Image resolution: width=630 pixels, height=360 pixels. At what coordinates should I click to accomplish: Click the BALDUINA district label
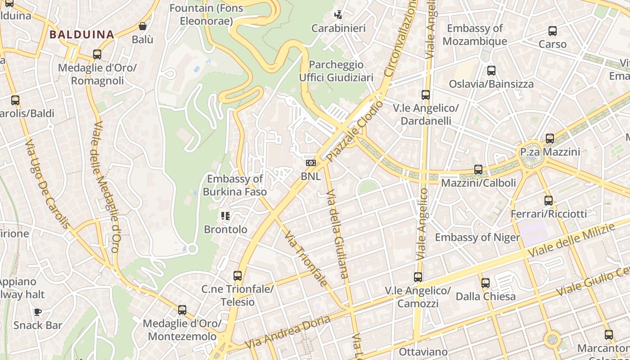click(x=81, y=34)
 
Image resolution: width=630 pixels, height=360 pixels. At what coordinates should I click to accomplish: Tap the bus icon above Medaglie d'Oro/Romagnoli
click(x=97, y=54)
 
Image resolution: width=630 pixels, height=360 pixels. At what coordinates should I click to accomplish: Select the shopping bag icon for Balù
click(x=143, y=26)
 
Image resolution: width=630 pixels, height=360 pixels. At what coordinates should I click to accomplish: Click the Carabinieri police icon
click(x=338, y=15)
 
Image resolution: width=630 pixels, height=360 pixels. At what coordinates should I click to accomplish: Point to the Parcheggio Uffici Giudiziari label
click(x=336, y=71)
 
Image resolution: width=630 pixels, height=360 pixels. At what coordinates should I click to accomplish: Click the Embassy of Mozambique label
click(x=474, y=35)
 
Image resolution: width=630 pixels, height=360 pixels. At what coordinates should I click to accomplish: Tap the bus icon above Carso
click(x=552, y=31)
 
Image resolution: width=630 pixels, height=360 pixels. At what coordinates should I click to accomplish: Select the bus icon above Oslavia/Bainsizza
click(x=491, y=71)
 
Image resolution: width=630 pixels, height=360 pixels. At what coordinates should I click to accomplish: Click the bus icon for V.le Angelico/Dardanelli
click(x=425, y=95)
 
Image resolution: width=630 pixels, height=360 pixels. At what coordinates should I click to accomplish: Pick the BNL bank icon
click(x=311, y=163)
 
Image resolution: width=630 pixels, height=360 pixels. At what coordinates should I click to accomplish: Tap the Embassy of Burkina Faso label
click(x=234, y=185)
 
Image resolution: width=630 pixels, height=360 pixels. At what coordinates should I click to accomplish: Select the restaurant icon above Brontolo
click(x=225, y=216)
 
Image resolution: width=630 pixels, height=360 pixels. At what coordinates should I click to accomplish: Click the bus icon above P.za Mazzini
click(x=549, y=139)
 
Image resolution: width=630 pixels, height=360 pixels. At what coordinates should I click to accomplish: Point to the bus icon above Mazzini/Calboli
click(x=478, y=170)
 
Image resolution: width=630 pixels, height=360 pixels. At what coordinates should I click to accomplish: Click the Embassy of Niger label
click(x=477, y=237)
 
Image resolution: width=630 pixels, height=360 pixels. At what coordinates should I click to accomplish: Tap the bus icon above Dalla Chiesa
click(x=485, y=283)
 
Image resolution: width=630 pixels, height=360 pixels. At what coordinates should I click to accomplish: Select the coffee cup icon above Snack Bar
click(x=38, y=312)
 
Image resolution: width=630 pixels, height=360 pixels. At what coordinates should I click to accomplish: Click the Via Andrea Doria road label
click(x=288, y=332)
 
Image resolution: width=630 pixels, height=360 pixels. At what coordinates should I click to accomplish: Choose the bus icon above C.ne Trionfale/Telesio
click(x=237, y=276)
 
